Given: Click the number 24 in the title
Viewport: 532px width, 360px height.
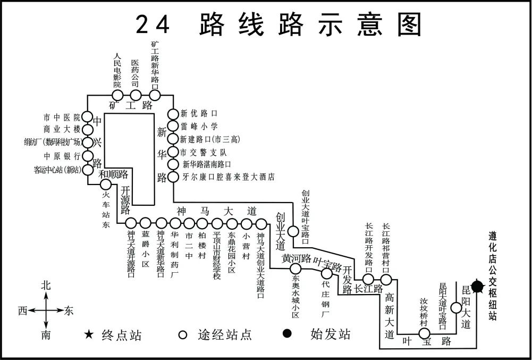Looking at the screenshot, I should coord(153,24).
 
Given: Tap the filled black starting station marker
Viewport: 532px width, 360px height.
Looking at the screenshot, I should coord(477,287).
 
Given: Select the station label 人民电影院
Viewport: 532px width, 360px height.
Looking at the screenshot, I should coord(117,70).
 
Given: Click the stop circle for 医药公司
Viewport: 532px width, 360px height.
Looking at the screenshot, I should coord(136,95).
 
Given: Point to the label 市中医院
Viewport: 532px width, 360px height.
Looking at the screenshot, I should coord(62,117).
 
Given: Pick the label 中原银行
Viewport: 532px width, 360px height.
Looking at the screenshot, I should coord(62,156).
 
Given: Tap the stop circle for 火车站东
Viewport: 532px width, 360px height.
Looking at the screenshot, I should coord(106,185).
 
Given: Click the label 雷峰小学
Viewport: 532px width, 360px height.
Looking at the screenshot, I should coord(199,127).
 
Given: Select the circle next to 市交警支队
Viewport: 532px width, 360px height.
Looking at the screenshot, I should coord(173,152).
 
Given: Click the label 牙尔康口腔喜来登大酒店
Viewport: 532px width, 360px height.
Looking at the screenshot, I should coord(229,177).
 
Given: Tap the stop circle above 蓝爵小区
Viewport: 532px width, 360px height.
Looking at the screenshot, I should coord(146,223).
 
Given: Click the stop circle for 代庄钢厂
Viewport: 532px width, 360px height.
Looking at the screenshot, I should coord(326,273).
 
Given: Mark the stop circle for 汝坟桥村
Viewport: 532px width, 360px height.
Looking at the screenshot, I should coord(424,333).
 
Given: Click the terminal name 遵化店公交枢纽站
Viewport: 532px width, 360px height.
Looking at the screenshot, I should coord(493,275).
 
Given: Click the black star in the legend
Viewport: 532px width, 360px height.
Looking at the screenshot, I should coord(89,334).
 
